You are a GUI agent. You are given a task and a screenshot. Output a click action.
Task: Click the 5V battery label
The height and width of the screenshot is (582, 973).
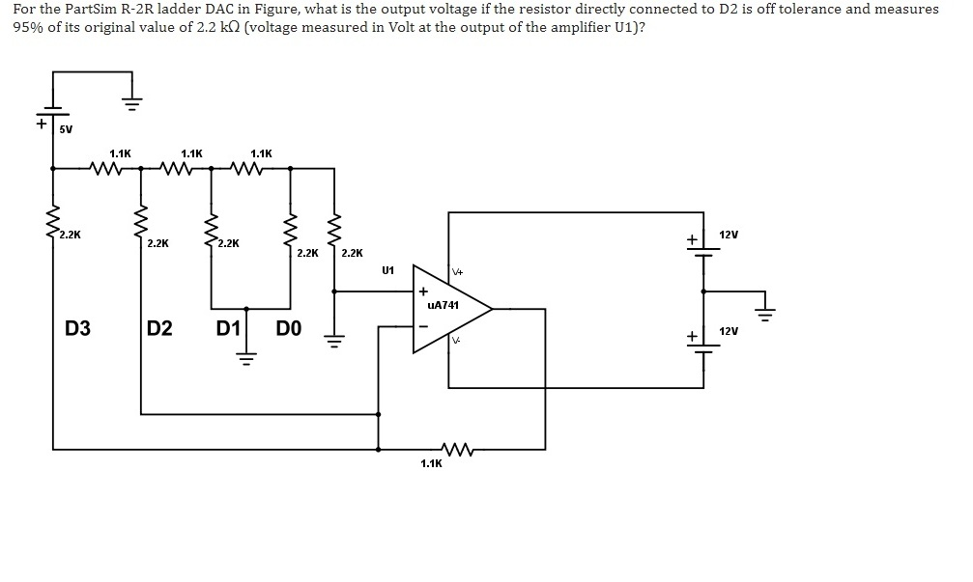pos(65,127)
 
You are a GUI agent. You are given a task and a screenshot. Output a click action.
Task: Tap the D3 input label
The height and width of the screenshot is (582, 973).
pos(77,328)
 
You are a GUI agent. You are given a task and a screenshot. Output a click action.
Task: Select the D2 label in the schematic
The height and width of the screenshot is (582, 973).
pos(160,328)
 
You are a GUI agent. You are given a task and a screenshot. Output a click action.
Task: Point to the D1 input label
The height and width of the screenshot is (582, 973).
pos(228,328)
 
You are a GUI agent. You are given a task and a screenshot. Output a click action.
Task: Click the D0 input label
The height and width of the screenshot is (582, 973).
pos(289,328)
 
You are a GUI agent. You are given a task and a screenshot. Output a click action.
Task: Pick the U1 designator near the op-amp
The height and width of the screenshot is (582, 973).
pos(388,270)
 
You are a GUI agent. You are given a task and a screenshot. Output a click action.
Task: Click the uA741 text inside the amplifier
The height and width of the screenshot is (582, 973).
pos(443,304)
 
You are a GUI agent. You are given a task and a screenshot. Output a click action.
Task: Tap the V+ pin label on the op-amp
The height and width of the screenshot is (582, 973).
pos(457,273)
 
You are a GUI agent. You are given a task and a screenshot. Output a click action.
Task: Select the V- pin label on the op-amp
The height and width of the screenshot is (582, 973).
pos(456,341)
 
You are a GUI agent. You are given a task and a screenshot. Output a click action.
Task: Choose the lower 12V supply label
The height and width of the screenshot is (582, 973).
pos(729,331)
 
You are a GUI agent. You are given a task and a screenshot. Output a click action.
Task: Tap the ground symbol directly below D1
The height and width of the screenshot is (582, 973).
pos(246,361)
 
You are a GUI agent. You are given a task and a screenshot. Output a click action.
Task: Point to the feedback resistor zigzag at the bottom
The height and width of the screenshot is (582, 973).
pos(454,449)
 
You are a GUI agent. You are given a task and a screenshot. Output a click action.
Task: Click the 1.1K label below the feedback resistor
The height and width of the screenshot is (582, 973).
pos(431,464)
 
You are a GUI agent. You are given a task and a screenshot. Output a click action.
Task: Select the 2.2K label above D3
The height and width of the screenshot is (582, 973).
pos(70,235)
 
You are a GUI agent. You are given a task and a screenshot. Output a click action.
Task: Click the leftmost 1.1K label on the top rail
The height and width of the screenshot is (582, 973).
pos(121,153)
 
